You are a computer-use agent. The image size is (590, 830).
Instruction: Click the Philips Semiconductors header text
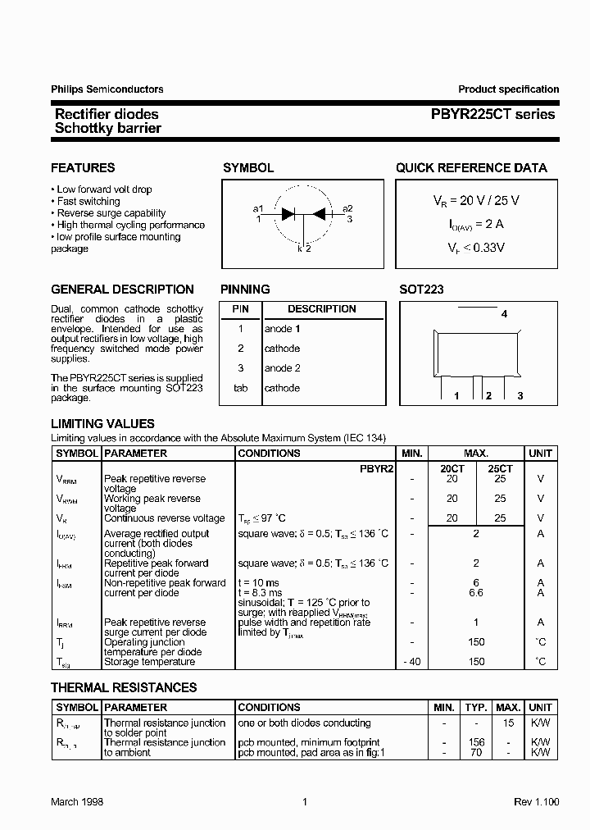tap(107, 89)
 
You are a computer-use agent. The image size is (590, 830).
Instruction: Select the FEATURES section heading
tap(83, 168)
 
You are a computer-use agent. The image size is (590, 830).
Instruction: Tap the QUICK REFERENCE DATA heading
tap(471, 168)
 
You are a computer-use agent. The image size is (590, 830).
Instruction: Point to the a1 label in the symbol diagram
tap(258, 208)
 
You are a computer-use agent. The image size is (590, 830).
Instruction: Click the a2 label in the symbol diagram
tap(347, 208)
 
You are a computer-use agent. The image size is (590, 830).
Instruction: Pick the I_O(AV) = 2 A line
tap(474, 223)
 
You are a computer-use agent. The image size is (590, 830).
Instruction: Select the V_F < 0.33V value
tap(475, 246)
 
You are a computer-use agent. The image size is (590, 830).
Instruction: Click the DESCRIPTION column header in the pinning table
tap(322, 309)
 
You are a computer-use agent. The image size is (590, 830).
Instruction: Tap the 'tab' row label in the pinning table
tap(240, 388)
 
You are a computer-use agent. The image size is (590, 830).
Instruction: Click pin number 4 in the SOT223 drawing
tap(504, 314)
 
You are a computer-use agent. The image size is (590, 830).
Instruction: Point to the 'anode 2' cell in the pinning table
tap(283, 368)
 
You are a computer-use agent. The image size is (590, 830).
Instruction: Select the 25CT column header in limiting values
tap(500, 467)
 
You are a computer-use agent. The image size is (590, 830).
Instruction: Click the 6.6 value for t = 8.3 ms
tap(476, 592)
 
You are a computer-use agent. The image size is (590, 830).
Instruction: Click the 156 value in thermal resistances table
tap(476, 742)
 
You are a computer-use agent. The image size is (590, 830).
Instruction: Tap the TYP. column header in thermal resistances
tap(476, 707)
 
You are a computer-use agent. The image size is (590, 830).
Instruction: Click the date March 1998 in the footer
tap(77, 802)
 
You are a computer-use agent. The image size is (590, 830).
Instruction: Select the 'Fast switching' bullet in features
tap(88, 201)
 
